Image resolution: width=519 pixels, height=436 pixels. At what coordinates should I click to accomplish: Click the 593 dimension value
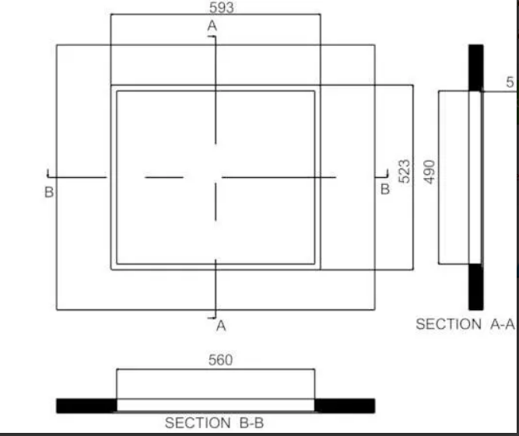222,8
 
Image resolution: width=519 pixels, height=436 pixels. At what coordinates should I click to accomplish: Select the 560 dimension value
220,360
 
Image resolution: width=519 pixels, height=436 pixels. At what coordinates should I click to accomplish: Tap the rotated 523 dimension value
405,172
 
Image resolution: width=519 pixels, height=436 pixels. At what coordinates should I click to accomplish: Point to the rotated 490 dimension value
430,172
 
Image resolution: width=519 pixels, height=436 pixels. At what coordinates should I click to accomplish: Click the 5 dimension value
510,82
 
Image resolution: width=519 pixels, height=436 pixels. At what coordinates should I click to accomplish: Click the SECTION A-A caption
465,324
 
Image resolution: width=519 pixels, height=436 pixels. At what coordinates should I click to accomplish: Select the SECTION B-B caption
214,423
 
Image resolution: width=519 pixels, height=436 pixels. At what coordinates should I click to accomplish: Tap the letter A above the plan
212,26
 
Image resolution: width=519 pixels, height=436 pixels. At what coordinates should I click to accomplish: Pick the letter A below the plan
221,326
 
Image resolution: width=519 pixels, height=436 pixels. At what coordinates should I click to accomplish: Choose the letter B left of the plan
49,192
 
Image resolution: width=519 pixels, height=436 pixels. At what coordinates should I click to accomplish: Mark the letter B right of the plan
385,190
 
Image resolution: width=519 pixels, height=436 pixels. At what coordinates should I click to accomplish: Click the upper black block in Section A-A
476,68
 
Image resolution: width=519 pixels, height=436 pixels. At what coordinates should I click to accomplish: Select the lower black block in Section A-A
476,287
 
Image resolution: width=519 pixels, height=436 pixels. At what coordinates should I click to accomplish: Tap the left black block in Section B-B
86,406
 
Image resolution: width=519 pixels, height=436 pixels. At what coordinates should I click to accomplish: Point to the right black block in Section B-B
345,406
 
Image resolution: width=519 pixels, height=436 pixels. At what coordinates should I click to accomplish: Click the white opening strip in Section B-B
216,405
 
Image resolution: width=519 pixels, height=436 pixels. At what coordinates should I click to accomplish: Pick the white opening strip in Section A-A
475,177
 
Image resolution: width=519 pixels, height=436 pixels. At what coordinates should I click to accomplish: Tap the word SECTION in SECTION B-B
198,423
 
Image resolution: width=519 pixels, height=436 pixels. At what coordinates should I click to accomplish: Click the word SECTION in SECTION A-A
448,324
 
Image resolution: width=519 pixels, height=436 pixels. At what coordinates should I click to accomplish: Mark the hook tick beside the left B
48,174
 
